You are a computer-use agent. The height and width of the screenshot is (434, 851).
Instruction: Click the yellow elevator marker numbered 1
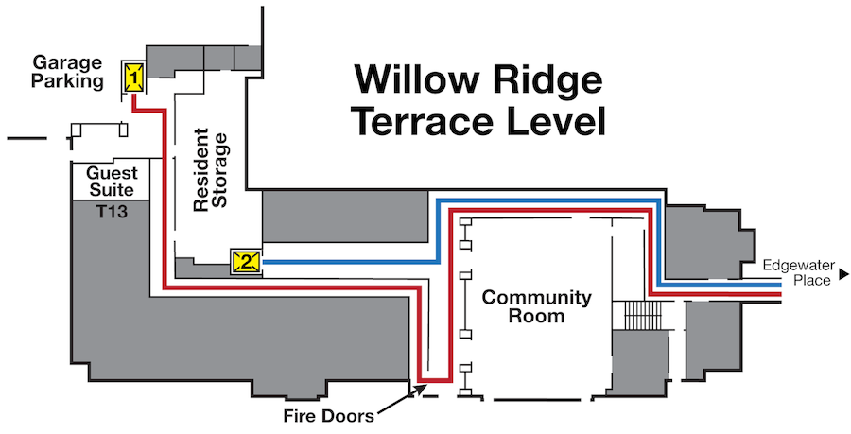point(133,77)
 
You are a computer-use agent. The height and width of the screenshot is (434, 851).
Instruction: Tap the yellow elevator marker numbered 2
point(247,262)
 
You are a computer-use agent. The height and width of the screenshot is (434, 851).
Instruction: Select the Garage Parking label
point(67,72)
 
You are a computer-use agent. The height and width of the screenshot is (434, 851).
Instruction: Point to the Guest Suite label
point(113,182)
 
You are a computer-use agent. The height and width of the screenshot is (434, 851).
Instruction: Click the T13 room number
point(113,211)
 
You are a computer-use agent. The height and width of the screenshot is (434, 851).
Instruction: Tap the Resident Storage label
point(211,170)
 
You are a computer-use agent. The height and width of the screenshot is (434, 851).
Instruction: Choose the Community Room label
point(537,306)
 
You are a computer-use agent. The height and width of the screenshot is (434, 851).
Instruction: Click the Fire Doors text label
point(329,416)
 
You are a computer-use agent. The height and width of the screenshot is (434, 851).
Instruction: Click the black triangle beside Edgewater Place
point(843,274)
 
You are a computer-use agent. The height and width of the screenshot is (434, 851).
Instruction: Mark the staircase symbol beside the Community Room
point(644,315)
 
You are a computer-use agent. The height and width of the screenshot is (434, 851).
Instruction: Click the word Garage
point(67,63)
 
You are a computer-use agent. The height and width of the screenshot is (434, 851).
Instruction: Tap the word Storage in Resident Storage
point(220,170)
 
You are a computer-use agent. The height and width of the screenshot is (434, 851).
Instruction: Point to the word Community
point(537,297)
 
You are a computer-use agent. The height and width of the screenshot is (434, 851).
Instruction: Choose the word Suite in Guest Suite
point(112,190)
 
